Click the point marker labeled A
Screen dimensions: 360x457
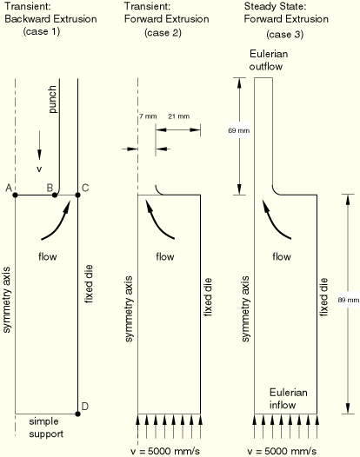pyautogui.click(x=15, y=195)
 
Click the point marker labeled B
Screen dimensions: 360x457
pyautogui.click(x=54, y=195)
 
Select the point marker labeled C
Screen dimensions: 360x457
pyautogui.click(x=77, y=195)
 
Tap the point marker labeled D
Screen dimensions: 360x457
pyautogui.click(x=77, y=414)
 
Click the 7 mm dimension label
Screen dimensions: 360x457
pyautogui.click(x=148, y=116)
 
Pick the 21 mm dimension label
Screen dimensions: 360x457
pyautogui.click(x=179, y=116)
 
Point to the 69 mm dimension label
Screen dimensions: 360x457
pyautogui.click(x=239, y=130)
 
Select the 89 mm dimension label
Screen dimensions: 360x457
pyautogui.click(x=349, y=300)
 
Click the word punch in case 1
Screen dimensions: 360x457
pyautogui.click(x=52, y=99)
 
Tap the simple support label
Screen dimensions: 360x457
pyautogui.click(x=46, y=427)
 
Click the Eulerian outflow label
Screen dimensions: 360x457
pyautogui.click(x=269, y=60)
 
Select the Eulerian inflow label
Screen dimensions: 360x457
pyautogui.click(x=288, y=399)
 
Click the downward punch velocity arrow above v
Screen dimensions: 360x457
pyautogui.click(x=39, y=145)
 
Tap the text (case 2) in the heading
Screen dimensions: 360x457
pyautogui.click(x=163, y=32)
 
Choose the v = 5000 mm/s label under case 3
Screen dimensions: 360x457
pyautogui.click(x=282, y=451)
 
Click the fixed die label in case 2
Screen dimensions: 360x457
pyautogui.click(x=208, y=297)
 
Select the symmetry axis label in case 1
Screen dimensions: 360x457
pyautogui.click(x=7, y=300)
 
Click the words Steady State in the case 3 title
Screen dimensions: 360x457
pyautogui.click(x=275, y=6)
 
